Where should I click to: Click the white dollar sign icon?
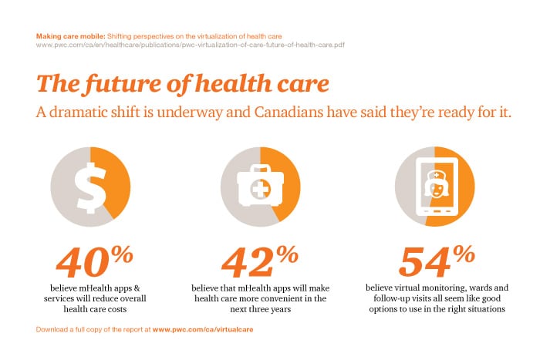click(x=89, y=187)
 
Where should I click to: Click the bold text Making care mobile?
click(x=70, y=36)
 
